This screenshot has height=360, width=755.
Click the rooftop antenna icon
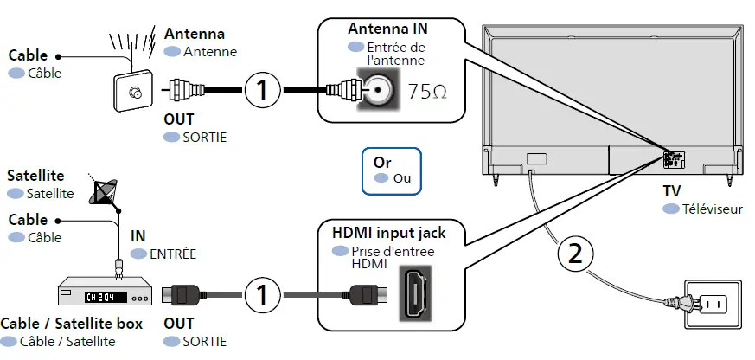coord(129,47)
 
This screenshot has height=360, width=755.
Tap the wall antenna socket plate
coord(133,93)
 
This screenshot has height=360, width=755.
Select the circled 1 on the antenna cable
coord(262,89)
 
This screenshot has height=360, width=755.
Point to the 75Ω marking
coord(427,92)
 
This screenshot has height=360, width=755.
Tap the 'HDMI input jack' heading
coord(389,233)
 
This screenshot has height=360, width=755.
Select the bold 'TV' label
coord(671,192)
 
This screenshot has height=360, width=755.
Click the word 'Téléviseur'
coord(712,209)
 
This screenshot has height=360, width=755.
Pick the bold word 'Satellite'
coord(35,176)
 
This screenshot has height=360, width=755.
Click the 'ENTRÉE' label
coord(173,254)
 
